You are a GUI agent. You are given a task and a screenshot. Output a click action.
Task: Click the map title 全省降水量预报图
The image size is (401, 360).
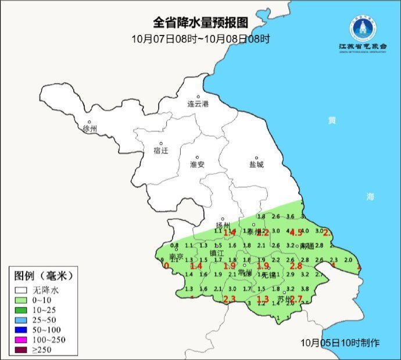[201, 23]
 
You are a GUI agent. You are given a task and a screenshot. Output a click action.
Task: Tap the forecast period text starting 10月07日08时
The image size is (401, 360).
[201, 39]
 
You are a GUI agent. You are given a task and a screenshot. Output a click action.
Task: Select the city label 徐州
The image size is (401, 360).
[90, 129]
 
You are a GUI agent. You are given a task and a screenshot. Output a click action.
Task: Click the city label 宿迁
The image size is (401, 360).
[161, 151]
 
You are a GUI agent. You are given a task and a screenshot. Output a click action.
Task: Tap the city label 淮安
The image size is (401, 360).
[197, 165]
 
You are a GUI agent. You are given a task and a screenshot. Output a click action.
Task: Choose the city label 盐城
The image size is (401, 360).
[256, 165]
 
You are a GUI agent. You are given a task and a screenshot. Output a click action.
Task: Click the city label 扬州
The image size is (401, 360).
[223, 226]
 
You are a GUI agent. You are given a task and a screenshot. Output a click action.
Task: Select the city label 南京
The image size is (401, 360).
[176, 256]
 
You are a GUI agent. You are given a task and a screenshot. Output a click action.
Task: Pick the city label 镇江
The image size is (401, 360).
[216, 254]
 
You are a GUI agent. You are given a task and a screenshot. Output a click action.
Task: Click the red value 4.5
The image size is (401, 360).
[296, 233]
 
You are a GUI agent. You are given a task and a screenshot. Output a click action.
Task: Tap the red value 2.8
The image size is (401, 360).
[296, 266]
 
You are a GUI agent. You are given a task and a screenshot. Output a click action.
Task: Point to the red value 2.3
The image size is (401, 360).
[229, 300]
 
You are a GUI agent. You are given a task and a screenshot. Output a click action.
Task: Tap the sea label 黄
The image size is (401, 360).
[331, 120]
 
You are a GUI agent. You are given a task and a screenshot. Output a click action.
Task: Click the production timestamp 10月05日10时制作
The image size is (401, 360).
[341, 343]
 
